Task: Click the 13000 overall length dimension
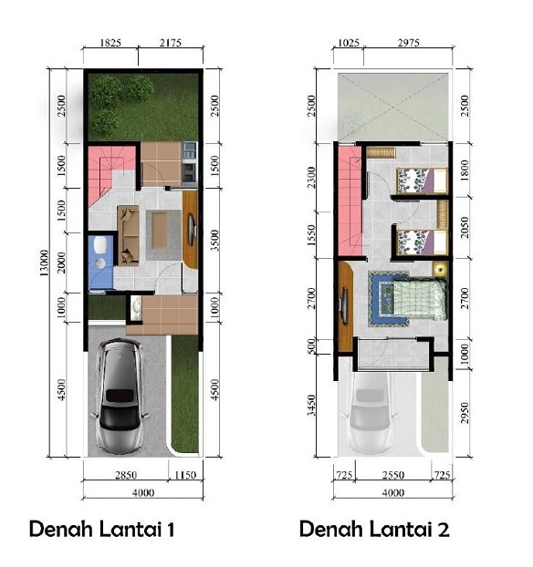click(44, 263)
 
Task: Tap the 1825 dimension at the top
click(110, 43)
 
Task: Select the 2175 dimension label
click(171, 43)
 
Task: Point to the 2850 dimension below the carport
click(126, 475)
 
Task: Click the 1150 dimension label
click(185, 475)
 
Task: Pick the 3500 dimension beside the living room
click(214, 241)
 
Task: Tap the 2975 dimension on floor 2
click(409, 43)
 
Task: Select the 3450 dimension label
click(311, 406)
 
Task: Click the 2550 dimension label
click(393, 475)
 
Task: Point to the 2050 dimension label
click(465, 228)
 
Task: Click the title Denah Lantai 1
click(101, 529)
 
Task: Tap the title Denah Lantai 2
click(374, 529)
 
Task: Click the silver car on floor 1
click(120, 396)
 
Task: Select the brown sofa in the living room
click(128, 236)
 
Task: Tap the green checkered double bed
click(420, 299)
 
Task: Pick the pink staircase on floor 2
click(350, 201)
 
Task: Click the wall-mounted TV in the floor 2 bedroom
click(345, 305)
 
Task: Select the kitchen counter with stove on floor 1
click(190, 163)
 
